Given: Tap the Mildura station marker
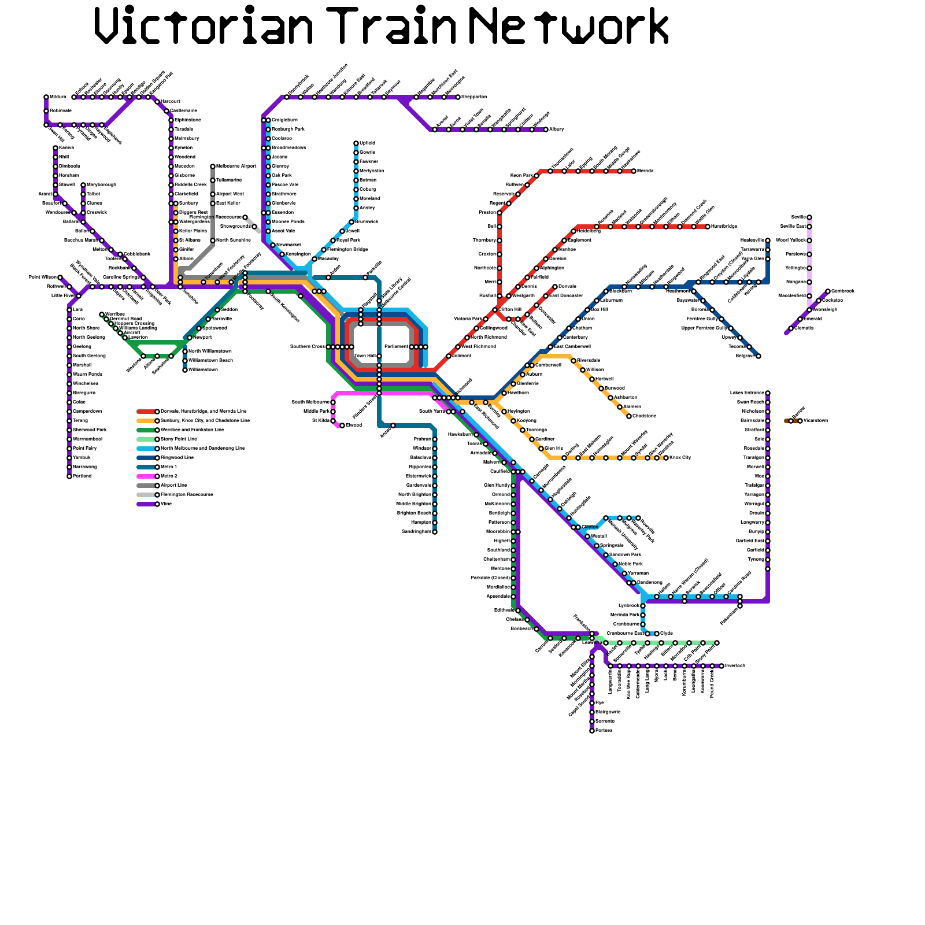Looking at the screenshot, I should coord(46,97).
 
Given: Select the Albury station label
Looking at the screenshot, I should coord(556,129).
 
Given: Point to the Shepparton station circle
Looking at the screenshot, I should coord(458,97).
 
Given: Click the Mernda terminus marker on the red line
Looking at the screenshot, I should coord(634,171).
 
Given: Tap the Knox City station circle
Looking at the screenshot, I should coord(666,458).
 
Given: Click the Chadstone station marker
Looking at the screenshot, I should coord(629,416).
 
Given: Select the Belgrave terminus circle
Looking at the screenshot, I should coord(758,356).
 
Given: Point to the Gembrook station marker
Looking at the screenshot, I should coord(828,291).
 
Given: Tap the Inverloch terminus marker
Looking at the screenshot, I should coord(721,666).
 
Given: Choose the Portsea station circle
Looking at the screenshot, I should coord(592,731).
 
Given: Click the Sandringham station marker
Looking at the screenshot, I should coord(435,532).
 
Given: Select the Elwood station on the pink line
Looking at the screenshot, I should coord(342,425).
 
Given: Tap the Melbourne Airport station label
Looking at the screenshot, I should coord(236,166).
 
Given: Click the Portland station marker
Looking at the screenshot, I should coord(69,476).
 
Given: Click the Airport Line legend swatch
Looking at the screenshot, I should coord(147,486).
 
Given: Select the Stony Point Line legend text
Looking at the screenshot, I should coord(179,439).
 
